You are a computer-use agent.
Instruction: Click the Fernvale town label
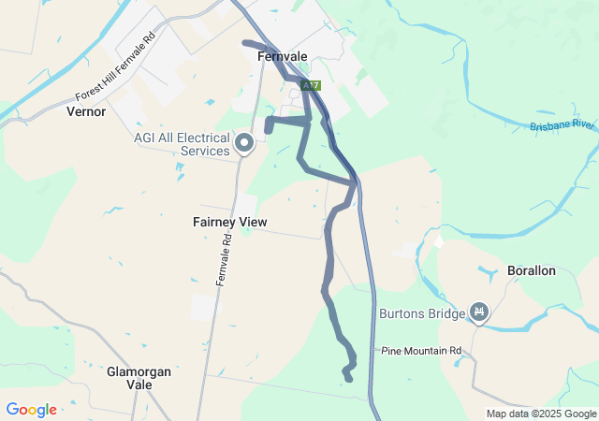coord(282,56)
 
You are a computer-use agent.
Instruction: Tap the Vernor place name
coord(87,111)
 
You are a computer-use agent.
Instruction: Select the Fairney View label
coord(229,222)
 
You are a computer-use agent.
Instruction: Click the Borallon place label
coord(531,270)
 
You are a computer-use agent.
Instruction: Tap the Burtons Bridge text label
coord(421,313)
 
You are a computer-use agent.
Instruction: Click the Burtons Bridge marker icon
coord(479,311)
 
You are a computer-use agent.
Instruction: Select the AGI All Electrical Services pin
coord(244,143)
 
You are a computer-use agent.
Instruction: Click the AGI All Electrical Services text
coord(181,144)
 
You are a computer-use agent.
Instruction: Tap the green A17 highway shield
coord(311,85)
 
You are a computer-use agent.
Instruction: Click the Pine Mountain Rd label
coord(422,351)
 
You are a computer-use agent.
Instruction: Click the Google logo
coord(31,410)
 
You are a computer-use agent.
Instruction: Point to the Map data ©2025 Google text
coord(540,414)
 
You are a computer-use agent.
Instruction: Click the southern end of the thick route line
coord(348,379)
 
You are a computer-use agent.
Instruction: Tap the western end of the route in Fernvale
coord(245,42)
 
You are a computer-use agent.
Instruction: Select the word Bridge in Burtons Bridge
coord(445,313)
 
